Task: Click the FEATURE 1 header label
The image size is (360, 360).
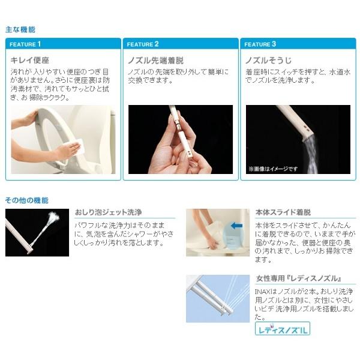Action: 25,44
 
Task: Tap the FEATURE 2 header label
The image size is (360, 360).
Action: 143,44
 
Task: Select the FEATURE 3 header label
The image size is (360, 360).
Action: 260,44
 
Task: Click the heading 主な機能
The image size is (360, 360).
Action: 20,29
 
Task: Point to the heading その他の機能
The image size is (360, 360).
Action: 26,200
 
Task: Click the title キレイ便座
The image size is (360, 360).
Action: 29,60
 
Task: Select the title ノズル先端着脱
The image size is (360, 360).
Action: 155,61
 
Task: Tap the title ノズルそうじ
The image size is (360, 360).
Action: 268,61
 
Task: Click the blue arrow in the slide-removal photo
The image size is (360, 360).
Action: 236,226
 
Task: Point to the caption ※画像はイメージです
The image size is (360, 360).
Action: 273,169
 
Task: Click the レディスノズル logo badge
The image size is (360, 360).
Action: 283,329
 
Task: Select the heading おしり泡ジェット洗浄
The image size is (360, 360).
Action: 108,212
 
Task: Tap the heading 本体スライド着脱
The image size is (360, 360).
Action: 283,212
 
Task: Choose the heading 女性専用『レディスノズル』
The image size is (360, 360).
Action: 298,278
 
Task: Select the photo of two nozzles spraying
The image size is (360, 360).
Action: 218,299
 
